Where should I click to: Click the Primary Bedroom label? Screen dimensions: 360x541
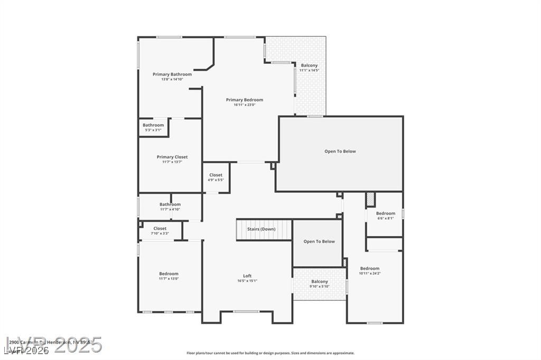[244, 100]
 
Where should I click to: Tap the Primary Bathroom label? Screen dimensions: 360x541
[172, 74]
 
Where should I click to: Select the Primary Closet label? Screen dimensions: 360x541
[172, 157]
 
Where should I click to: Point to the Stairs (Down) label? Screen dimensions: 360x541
[261, 229]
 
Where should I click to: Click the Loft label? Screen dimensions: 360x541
[247, 276]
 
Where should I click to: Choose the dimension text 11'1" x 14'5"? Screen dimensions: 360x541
[309, 70]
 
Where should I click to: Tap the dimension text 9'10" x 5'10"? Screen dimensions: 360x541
[320, 287]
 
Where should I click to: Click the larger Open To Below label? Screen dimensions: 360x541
[340, 151]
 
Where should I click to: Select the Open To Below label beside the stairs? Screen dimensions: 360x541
[319, 242]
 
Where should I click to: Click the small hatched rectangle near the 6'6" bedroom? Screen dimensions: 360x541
[370, 200]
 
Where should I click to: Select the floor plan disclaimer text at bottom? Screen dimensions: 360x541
[270, 353]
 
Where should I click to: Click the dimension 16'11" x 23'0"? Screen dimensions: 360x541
[244, 105]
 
